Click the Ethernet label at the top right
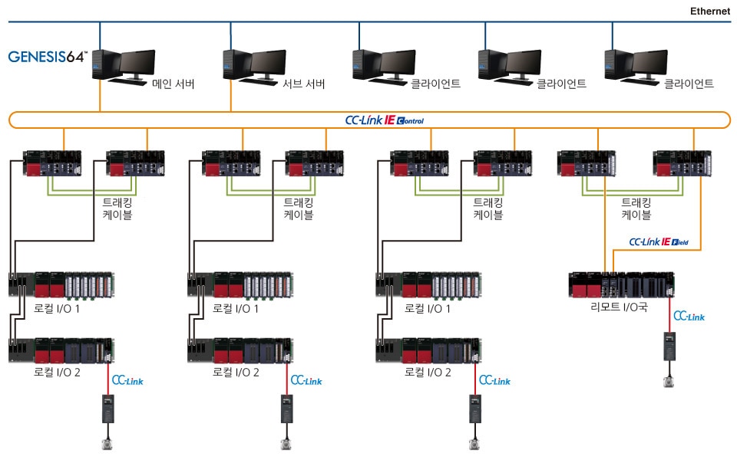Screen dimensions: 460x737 [x=710, y=11]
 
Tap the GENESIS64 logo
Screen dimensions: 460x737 [x=48, y=57]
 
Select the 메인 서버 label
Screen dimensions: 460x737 [x=173, y=84]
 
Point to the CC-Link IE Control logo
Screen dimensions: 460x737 [x=384, y=120]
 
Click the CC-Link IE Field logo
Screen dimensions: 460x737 [x=659, y=242]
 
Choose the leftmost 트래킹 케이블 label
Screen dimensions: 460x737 [x=117, y=209]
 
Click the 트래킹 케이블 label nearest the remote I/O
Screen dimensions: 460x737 [x=636, y=209]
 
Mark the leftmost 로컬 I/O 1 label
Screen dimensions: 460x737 [x=58, y=308]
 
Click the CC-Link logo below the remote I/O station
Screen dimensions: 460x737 [x=689, y=316]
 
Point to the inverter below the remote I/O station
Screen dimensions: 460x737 [x=669, y=346]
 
